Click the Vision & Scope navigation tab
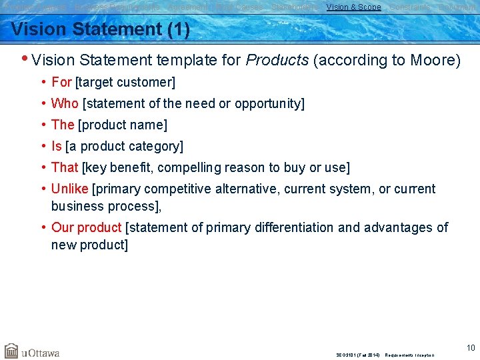tap(353, 7)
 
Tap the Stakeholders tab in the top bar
tap(294, 7)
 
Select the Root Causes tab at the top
tap(239, 7)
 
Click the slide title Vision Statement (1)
tap(101, 30)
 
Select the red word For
tap(61, 83)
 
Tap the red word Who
tap(65, 103)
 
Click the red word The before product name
tap(63, 125)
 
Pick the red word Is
tap(56, 146)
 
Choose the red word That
tap(65, 167)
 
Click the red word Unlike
tap(70, 189)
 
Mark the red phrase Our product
tap(86, 228)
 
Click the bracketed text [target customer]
tap(125, 83)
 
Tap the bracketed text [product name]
tap(123, 125)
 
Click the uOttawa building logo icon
tap(11, 351)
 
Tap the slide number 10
tap(471, 347)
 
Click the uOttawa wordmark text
tap(41, 352)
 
